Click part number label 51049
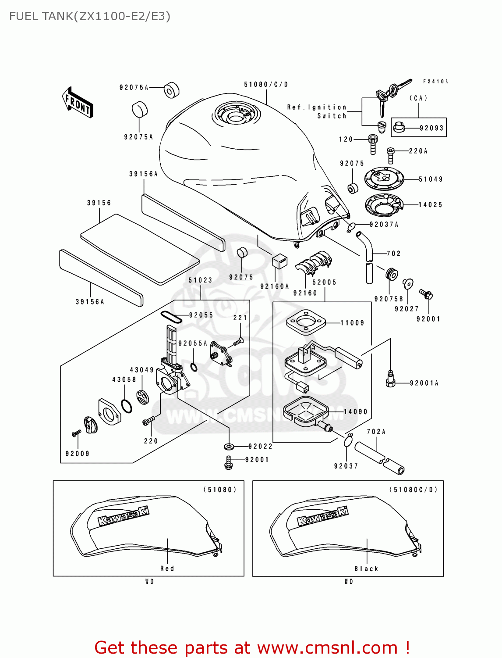click(x=431, y=179)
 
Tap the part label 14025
click(x=430, y=204)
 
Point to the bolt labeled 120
click(x=373, y=144)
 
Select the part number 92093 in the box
click(x=431, y=128)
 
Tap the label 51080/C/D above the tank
click(x=266, y=84)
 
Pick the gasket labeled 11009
click(x=306, y=323)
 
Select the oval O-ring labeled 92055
click(x=171, y=317)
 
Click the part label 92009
click(x=78, y=454)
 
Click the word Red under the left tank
click(x=167, y=569)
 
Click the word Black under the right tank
click(x=366, y=569)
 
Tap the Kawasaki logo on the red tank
click(x=123, y=516)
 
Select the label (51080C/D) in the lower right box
click(x=413, y=490)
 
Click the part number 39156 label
click(x=99, y=203)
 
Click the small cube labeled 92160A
click(x=279, y=261)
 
